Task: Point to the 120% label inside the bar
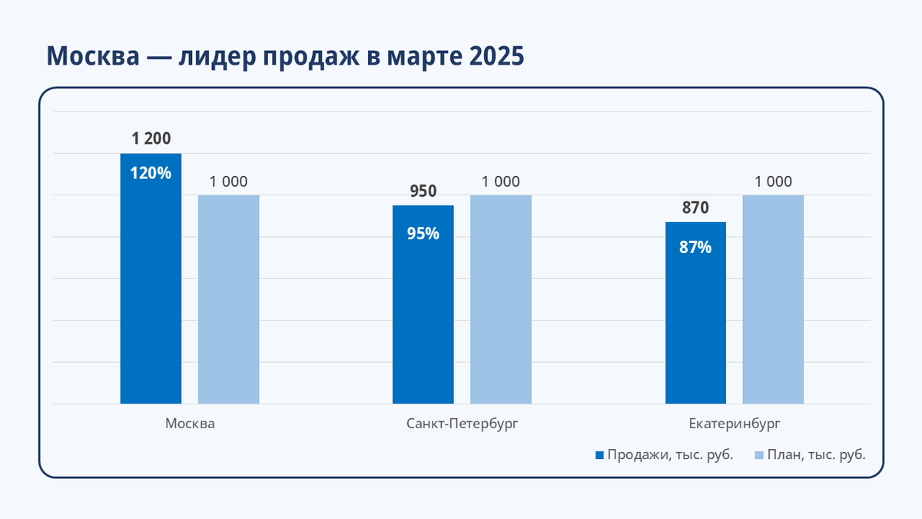pos(151,173)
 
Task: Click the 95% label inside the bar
pos(423,234)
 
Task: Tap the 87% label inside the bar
pos(695,248)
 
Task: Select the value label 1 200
pos(151,139)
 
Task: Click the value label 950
pos(423,191)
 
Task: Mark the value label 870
pos(695,208)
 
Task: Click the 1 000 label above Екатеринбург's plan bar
pos(773,182)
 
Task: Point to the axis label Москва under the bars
pos(190,424)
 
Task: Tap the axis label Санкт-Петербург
pos(463,424)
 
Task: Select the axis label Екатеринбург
pos(735,424)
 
